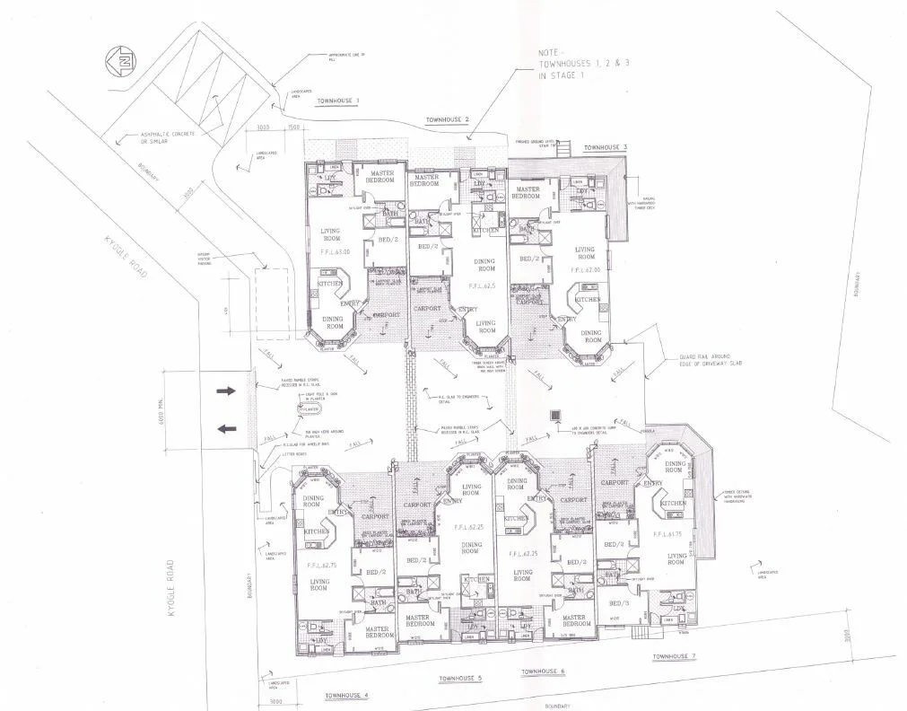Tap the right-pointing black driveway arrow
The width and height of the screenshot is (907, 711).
(x=226, y=391)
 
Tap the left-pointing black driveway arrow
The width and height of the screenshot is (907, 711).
(x=226, y=428)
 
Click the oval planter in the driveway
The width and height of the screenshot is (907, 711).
(x=310, y=408)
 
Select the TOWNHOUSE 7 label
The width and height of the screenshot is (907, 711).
(x=674, y=656)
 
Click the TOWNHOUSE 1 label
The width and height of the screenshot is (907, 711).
(x=337, y=101)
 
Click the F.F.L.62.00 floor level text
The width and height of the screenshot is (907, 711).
(x=588, y=269)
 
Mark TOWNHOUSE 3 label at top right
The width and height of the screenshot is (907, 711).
(x=606, y=146)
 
